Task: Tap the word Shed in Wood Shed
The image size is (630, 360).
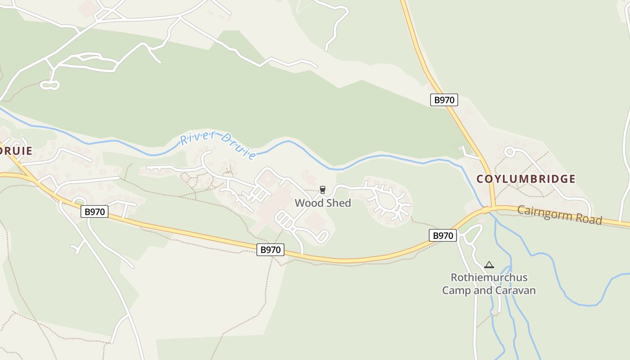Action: coord(338,203)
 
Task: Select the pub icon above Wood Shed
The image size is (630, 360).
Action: coord(322,190)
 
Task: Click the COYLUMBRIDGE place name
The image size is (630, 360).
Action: coord(526,179)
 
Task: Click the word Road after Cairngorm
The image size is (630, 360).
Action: coord(589,219)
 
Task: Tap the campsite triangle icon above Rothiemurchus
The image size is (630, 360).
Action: coord(489,265)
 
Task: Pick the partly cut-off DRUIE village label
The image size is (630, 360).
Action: coord(16,151)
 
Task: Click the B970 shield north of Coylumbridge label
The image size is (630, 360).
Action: coord(444,100)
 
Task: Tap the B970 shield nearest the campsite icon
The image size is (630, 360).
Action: coord(443,235)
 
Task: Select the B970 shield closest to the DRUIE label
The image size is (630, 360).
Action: coord(94,211)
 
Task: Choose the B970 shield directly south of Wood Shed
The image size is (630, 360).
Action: coord(270,250)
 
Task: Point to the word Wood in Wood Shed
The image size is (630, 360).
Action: coord(309,203)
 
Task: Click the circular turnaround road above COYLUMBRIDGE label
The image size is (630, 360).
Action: coord(509,152)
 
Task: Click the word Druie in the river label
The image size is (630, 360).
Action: coord(239,148)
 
